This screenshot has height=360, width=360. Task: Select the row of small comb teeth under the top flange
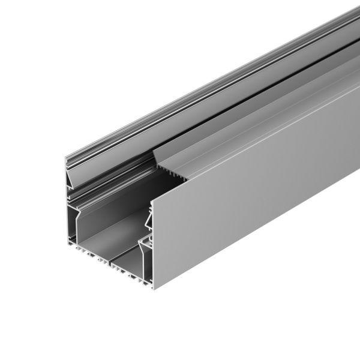point(174,174)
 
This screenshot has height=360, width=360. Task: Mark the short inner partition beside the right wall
point(143,255)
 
